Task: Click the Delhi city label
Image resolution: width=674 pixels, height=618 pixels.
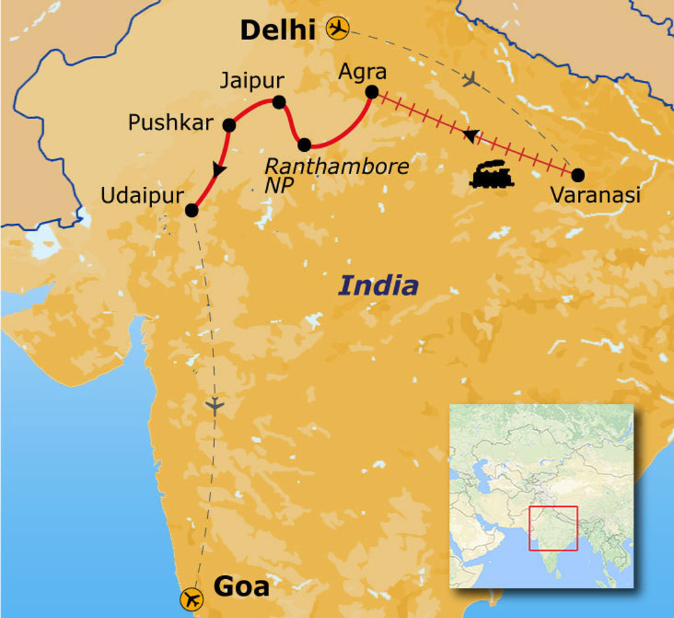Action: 278,30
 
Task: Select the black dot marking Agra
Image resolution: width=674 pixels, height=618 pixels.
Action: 371,93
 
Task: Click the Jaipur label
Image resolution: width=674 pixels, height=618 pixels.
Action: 251,81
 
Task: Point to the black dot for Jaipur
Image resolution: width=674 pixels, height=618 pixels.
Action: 278,102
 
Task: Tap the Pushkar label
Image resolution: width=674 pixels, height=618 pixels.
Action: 170,123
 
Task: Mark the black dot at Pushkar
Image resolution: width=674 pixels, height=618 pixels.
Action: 229,125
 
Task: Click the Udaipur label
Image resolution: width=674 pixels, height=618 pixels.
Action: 142,195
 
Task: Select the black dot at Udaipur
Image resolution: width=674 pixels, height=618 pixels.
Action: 192,210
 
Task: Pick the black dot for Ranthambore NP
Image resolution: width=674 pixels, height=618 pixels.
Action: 304,145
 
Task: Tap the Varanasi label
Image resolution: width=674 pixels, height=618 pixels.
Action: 595,195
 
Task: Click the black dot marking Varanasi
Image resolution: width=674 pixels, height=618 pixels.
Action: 578,175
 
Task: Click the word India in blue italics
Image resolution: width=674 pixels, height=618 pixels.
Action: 378,286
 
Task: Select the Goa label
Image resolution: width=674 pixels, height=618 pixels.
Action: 242,586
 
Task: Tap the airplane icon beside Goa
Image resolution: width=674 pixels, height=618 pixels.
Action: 192,599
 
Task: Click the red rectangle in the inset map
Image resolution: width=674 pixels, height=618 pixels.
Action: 553,528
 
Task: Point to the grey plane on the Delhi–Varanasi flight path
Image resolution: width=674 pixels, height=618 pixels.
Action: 469,80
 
